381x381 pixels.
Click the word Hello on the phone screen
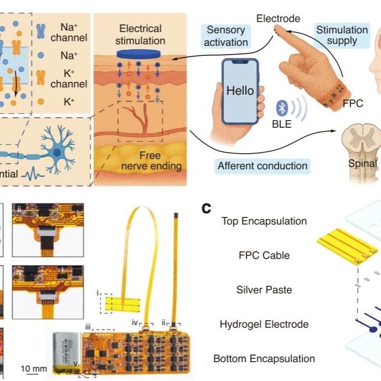coord(240,90)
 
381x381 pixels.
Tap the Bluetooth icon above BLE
coord(281,108)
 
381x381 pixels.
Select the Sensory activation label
coord(227,36)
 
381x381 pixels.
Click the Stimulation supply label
coord(342,36)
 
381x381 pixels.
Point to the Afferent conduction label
coord(262,165)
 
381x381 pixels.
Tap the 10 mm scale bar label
coord(34,368)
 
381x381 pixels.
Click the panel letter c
coord(207,208)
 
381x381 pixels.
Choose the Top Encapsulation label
coord(264,221)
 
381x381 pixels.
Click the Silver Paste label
coord(264,290)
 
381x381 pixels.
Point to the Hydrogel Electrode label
coord(264,324)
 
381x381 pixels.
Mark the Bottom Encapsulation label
coord(264,358)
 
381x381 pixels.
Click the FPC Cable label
coord(264,255)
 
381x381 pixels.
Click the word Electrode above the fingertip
coord(278,19)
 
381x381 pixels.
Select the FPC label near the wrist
coord(353,103)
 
